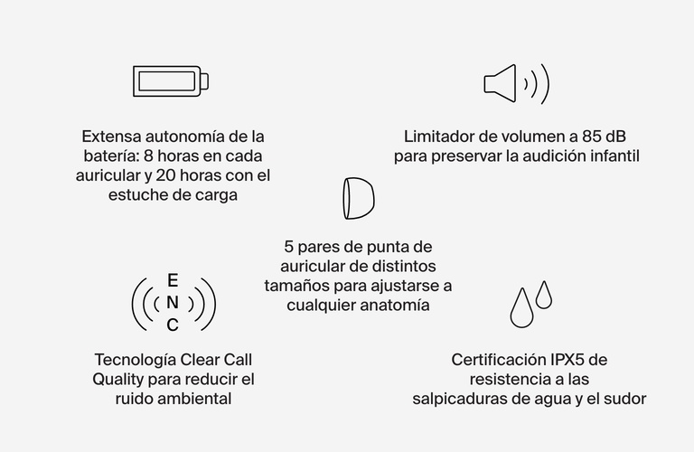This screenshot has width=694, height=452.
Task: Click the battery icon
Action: [172, 81]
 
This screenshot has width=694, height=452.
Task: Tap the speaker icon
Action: [515, 83]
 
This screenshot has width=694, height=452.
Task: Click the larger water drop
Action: [521, 308]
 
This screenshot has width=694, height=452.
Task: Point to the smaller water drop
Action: [543, 294]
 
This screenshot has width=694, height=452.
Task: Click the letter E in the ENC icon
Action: [173, 280]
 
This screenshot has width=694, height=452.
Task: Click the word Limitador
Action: [439, 137]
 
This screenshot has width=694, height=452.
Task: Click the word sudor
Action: [627, 399]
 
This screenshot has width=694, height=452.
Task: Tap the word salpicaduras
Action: [460, 399]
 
